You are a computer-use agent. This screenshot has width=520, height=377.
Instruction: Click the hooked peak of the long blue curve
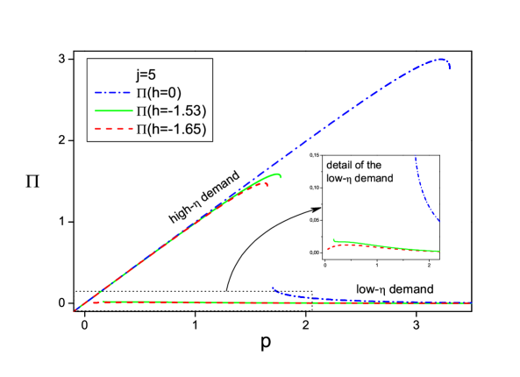pos(445,60)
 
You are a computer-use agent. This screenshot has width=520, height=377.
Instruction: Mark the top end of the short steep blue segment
pos(415,157)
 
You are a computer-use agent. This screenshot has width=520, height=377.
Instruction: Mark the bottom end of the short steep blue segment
pos(438,221)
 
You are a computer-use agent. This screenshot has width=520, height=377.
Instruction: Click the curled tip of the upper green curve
pos(281,175)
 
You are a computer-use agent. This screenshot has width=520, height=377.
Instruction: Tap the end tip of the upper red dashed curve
pos(268,183)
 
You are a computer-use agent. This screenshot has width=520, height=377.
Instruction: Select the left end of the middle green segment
pos(333,239)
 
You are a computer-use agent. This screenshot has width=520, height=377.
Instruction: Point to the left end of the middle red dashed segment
pos(327,249)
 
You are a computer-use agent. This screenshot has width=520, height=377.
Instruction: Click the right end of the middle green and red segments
pos(438,252)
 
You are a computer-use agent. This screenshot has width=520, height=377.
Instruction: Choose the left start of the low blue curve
pos(273,287)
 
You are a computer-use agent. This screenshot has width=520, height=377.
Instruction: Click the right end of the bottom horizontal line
pos(473,303)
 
